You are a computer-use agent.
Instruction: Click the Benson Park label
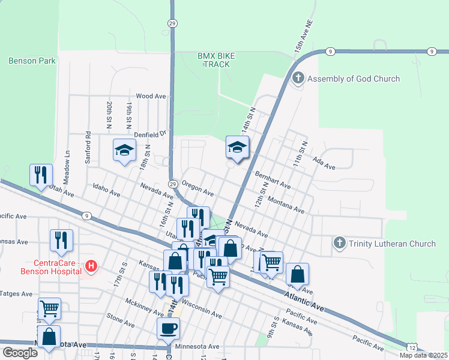(x=32, y=61)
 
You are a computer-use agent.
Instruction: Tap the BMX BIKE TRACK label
(x=216, y=59)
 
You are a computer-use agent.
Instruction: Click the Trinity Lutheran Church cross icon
(x=340, y=244)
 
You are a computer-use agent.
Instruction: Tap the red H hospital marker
(x=91, y=265)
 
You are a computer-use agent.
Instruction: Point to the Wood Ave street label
(x=151, y=96)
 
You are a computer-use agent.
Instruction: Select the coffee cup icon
(x=168, y=328)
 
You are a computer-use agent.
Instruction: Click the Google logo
(x=20, y=353)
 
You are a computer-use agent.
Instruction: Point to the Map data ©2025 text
(x=423, y=355)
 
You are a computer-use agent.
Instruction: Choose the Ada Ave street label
(x=324, y=163)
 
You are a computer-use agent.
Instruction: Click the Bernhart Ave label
(x=273, y=182)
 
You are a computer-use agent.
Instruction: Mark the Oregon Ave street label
(x=197, y=190)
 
